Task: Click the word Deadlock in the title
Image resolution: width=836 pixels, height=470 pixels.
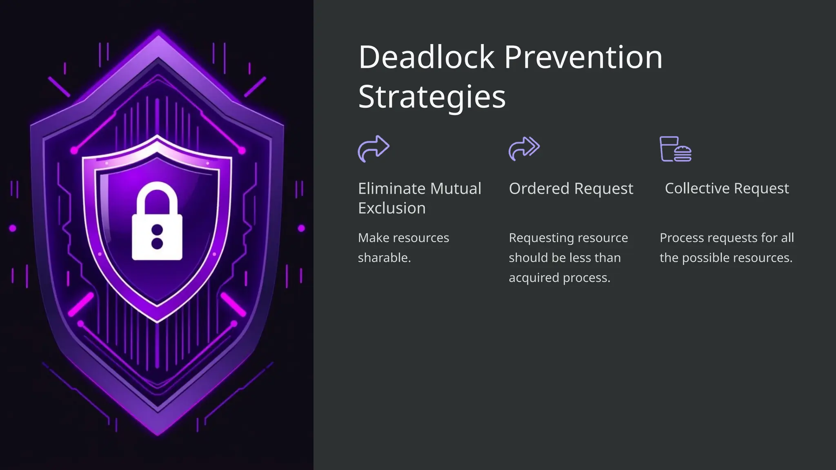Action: [x=426, y=57]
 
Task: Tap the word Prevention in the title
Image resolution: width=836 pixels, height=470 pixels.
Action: [x=583, y=57]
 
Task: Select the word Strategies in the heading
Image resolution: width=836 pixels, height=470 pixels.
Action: [x=432, y=97]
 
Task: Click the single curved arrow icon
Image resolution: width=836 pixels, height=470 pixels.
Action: [x=374, y=149]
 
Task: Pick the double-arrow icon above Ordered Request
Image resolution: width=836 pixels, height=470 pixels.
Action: [x=524, y=149]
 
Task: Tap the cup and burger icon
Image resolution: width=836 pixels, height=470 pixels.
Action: [x=676, y=149]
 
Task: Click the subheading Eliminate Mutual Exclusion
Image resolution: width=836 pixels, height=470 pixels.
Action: [x=420, y=198]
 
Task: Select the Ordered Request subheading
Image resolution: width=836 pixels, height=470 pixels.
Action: [x=571, y=188]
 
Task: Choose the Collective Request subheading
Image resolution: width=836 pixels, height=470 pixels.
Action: [x=727, y=188]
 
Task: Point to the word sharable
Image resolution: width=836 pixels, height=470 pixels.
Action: [x=384, y=258]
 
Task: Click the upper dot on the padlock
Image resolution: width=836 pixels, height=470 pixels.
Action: [x=157, y=230]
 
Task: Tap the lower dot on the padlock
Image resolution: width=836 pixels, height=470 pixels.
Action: [x=157, y=244]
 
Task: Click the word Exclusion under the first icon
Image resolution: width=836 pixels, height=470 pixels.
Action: [x=391, y=208]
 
